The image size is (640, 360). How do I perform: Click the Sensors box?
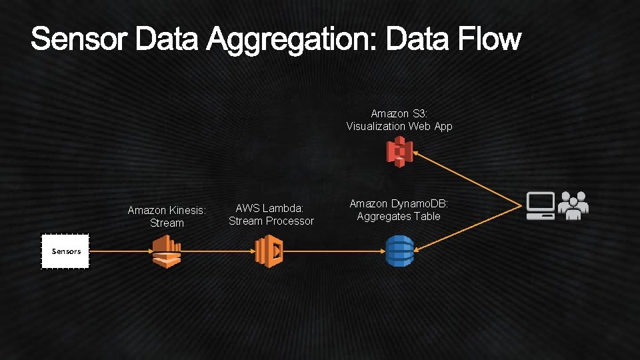(x=65, y=251)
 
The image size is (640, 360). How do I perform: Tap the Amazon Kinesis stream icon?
(x=167, y=252)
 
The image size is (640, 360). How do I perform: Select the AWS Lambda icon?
(x=270, y=252)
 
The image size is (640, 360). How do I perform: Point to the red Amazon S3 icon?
(x=400, y=153)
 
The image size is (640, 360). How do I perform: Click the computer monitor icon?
(x=541, y=206)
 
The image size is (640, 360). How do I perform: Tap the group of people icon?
(x=573, y=205)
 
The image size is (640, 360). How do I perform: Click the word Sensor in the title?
(x=79, y=39)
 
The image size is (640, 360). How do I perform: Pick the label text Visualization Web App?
(x=399, y=126)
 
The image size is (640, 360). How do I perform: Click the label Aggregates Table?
(x=399, y=216)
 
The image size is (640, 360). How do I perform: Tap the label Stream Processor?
(x=271, y=221)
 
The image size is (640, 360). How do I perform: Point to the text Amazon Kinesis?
(x=167, y=210)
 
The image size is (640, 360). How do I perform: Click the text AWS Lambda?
(x=270, y=209)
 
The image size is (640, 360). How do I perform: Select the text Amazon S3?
(x=399, y=114)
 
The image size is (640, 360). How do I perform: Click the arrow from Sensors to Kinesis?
(x=120, y=251)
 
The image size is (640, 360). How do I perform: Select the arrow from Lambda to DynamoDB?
(x=333, y=251)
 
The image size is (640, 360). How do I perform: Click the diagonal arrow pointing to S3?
(x=467, y=178)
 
